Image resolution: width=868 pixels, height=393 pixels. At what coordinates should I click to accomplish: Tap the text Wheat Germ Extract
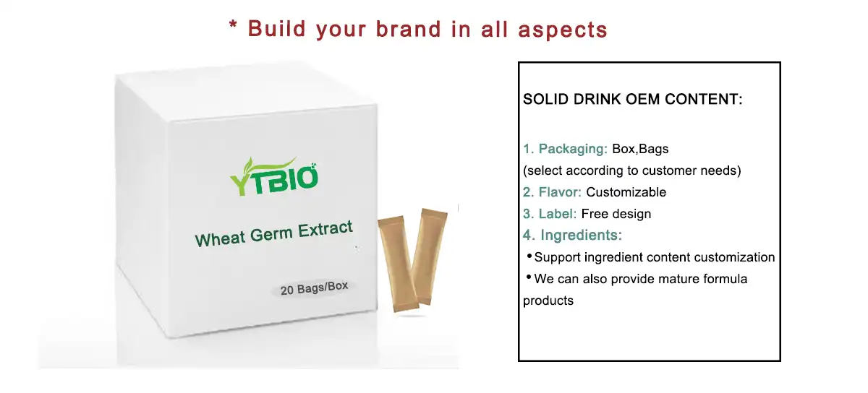coord(274,233)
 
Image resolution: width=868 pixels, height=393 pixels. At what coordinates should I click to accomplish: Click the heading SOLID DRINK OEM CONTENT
coord(632,100)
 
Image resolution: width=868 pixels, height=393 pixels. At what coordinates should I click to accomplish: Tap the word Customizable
coord(626,192)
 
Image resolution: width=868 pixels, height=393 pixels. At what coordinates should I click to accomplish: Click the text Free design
coord(616,214)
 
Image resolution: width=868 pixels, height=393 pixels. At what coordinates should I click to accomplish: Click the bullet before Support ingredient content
coord(529,256)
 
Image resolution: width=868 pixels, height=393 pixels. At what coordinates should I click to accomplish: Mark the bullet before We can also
coord(529,277)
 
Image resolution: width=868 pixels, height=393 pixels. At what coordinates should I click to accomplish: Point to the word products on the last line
coord(548,301)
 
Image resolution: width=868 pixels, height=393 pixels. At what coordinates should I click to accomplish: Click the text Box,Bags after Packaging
coord(640,150)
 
